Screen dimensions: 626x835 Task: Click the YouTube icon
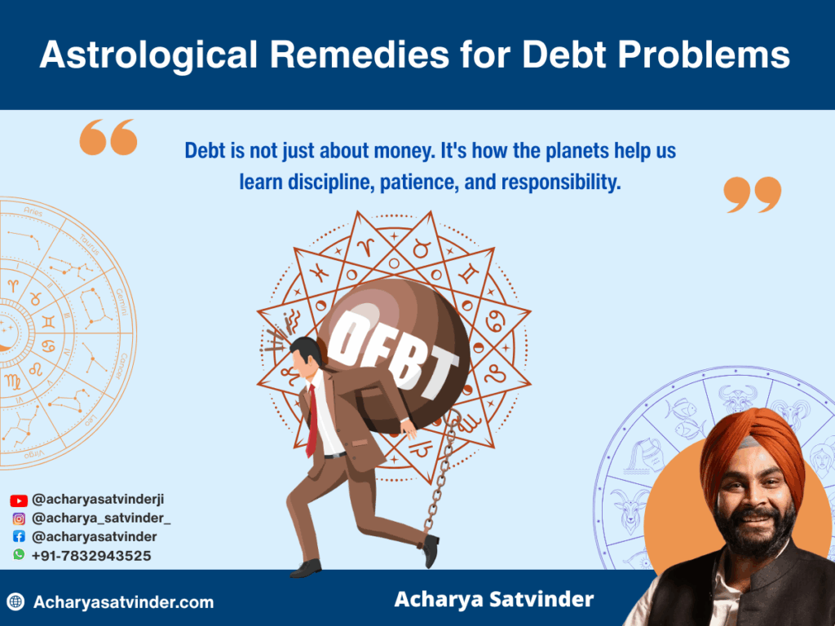pyautogui.click(x=19, y=500)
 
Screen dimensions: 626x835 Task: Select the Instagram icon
pyautogui.click(x=19, y=518)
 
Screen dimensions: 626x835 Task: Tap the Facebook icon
pyautogui.click(x=19, y=536)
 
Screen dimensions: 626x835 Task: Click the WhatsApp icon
pyautogui.click(x=19, y=554)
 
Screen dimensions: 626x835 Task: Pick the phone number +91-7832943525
pyautogui.click(x=91, y=555)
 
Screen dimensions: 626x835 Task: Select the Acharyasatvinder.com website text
pyautogui.click(x=123, y=602)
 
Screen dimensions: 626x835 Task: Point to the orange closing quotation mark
pyautogui.click(x=752, y=194)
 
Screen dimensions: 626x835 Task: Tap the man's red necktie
pyautogui.click(x=311, y=420)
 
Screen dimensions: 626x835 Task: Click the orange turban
pyautogui.click(x=752, y=447)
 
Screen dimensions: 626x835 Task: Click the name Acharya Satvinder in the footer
pyautogui.click(x=494, y=600)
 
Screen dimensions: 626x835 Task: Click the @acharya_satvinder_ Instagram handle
pyautogui.click(x=101, y=518)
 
